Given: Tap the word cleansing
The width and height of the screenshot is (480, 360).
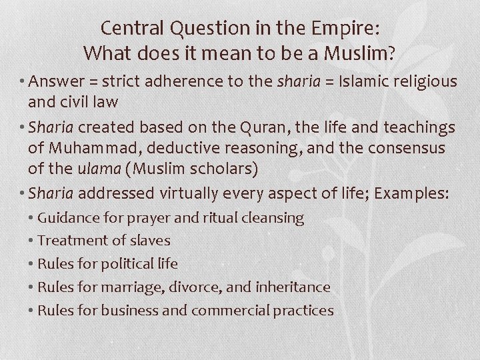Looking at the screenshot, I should [x=273, y=217].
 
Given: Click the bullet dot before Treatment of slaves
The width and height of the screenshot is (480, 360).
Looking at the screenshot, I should [x=31, y=241].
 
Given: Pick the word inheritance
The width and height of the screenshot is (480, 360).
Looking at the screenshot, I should [x=294, y=287].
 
